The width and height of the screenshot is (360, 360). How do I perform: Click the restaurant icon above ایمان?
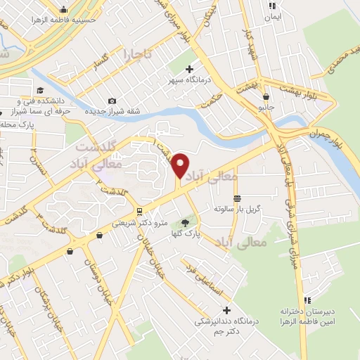270,6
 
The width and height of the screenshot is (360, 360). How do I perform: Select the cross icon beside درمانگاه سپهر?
189,69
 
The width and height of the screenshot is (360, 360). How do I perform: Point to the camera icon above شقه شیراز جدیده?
112,101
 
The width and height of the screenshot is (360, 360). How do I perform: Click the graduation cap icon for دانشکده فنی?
40,91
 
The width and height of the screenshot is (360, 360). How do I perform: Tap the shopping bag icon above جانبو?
266,97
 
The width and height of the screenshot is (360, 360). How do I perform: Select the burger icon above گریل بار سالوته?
237,199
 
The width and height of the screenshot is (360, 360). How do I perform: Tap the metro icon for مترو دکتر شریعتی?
140,212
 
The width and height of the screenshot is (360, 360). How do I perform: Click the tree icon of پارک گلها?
186,224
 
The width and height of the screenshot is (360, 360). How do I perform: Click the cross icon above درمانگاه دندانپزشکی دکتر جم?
226,310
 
